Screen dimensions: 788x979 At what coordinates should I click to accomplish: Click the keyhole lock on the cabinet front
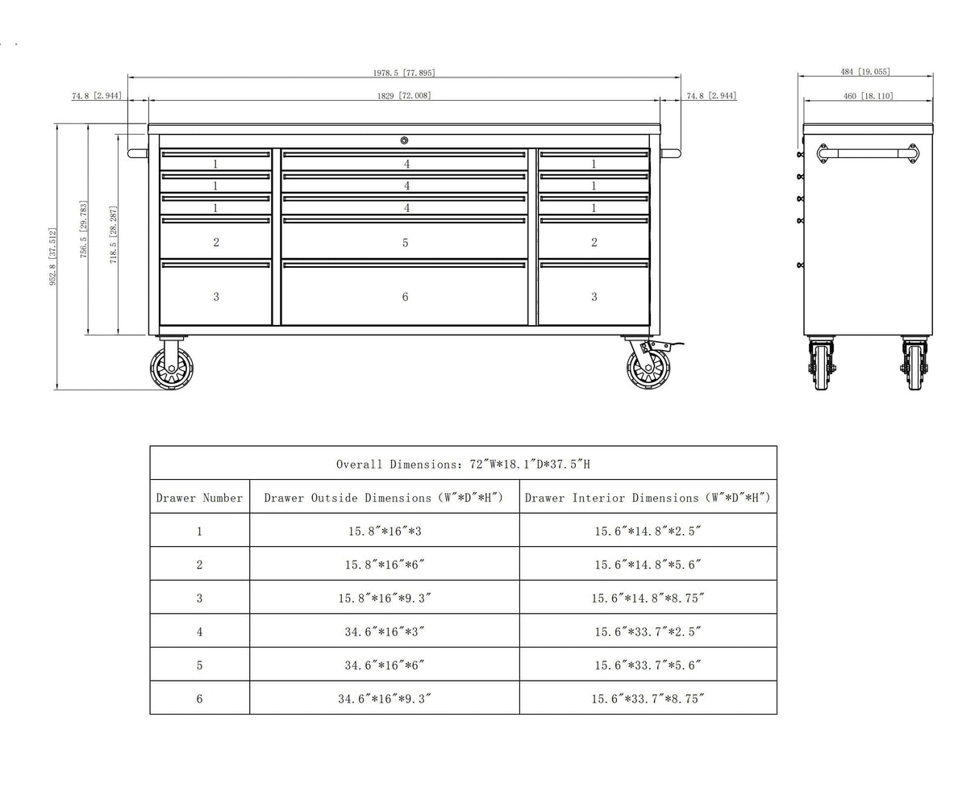pyautogui.click(x=404, y=140)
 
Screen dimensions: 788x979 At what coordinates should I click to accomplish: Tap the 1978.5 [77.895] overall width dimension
pyautogui.click(x=403, y=73)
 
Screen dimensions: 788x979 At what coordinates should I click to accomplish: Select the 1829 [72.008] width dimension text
pyautogui.click(x=403, y=96)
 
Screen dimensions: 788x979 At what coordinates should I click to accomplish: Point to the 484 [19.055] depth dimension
pyautogui.click(x=864, y=72)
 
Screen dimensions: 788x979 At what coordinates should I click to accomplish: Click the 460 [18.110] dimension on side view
pyautogui.click(x=867, y=96)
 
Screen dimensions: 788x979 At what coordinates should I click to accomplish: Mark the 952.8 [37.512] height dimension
pyautogui.click(x=53, y=256)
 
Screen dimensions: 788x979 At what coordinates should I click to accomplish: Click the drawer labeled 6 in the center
pyautogui.click(x=404, y=295)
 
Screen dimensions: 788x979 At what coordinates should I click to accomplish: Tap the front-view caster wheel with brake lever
pyautogui.click(x=648, y=367)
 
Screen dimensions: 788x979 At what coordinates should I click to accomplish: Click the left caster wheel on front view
pyautogui.click(x=170, y=369)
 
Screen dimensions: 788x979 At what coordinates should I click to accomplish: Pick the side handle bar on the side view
pyautogui.click(x=868, y=152)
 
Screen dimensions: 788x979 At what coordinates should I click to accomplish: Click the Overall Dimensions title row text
pyautogui.click(x=463, y=464)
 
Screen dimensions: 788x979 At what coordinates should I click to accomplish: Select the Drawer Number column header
pyautogui.click(x=199, y=498)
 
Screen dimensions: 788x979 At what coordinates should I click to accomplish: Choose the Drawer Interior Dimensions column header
pyautogui.click(x=648, y=498)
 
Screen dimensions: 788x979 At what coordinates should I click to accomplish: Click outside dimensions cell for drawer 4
pyautogui.click(x=384, y=632)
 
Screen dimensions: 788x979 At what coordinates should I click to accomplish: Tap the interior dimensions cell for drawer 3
pyautogui.click(x=648, y=598)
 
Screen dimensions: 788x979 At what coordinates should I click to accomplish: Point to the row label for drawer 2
pyautogui.click(x=199, y=565)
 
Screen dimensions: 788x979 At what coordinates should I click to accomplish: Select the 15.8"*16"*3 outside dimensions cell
pyautogui.click(x=384, y=531)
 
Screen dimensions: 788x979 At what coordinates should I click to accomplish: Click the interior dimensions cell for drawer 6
pyautogui.click(x=648, y=698)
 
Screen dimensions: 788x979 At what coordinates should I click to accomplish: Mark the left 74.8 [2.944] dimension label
pyautogui.click(x=96, y=96)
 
